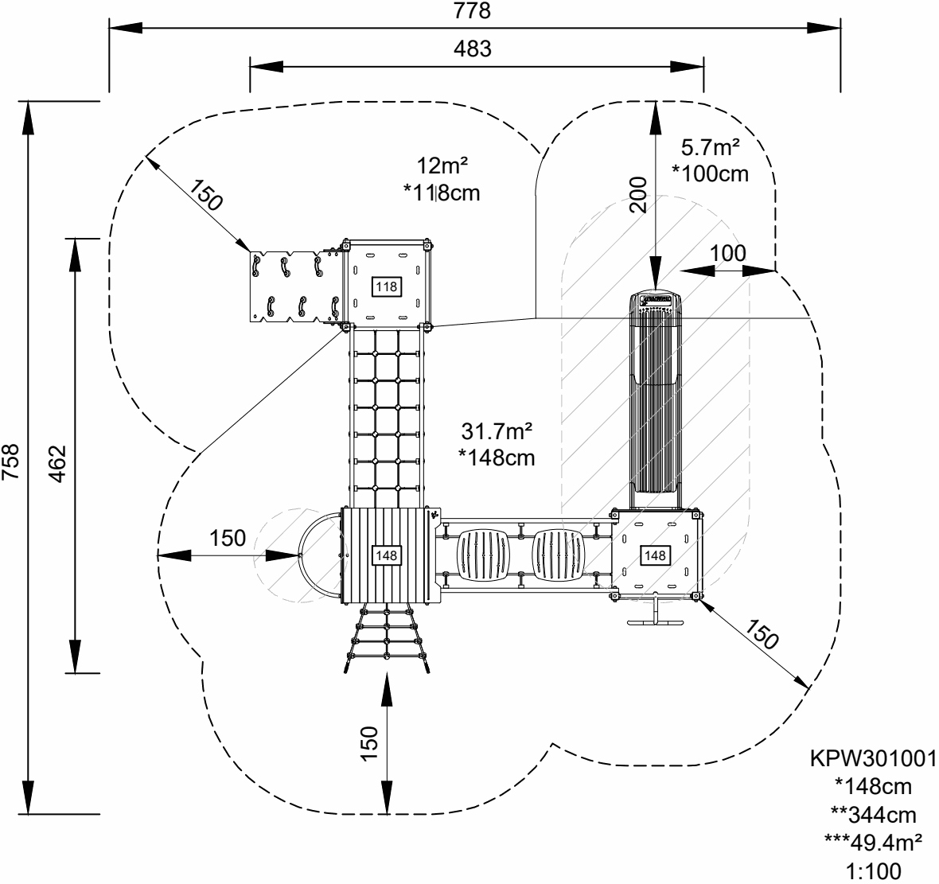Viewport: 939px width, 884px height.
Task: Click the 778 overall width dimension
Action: click(472, 11)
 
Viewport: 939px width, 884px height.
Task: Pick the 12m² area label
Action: click(442, 166)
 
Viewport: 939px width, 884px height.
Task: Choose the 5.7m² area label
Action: click(711, 147)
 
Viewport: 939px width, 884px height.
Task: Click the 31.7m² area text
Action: click(496, 431)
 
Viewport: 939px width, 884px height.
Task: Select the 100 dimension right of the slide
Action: click(728, 254)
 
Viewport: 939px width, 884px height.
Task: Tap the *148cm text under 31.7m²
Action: click(496, 458)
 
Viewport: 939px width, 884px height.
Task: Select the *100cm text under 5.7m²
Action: click(711, 173)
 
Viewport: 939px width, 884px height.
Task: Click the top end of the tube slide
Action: click(655, 299)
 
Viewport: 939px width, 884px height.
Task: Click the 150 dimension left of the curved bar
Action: click(228, 538)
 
